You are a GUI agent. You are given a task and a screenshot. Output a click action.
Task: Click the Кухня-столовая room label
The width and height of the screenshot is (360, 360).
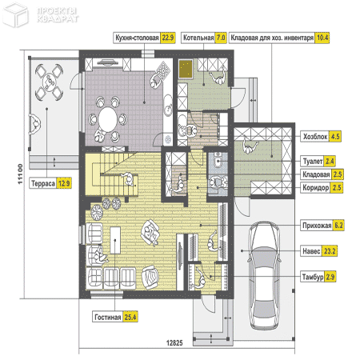(137, 38)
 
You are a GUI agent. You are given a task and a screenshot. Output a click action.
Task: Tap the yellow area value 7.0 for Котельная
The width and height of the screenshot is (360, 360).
(221, 38)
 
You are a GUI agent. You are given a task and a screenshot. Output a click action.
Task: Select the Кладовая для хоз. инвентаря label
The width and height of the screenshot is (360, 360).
(272, 38)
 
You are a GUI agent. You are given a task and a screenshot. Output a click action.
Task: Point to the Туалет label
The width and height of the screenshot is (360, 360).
(313, 162)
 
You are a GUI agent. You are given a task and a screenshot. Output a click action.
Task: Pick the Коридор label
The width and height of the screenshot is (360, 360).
(316, 188)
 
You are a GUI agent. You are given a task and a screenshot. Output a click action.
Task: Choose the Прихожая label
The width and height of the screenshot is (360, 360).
(317, 226)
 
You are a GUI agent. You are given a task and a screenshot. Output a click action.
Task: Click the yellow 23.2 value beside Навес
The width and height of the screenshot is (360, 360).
(330, 251)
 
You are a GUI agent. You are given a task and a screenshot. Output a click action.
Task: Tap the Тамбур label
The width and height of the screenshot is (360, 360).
(313, 277)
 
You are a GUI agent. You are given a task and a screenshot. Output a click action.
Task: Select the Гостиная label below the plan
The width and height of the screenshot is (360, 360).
(108, 318)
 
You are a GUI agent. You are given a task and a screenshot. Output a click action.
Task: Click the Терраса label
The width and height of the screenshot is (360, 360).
(43, 183)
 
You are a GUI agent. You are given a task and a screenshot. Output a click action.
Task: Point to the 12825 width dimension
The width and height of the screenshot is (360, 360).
(174, 343)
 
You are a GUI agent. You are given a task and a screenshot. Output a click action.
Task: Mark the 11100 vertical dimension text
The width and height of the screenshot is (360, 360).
(20, 174)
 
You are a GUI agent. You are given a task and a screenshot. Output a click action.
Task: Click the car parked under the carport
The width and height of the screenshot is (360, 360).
(265, 276)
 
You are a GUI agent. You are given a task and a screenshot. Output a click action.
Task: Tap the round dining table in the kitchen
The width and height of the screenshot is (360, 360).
(108, 119)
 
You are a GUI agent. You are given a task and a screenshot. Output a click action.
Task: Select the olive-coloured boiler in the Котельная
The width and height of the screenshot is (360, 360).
(186, 69)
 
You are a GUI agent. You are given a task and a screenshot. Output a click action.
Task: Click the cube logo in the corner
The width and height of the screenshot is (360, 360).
(15, 15)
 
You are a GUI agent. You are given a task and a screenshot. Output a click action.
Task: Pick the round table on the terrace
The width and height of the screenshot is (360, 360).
(50, 82)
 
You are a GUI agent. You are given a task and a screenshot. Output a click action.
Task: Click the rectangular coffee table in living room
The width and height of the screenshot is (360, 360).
(115, 240)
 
